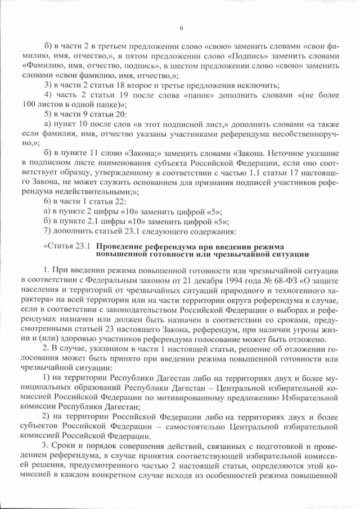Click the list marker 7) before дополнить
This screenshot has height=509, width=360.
(48, 230)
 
